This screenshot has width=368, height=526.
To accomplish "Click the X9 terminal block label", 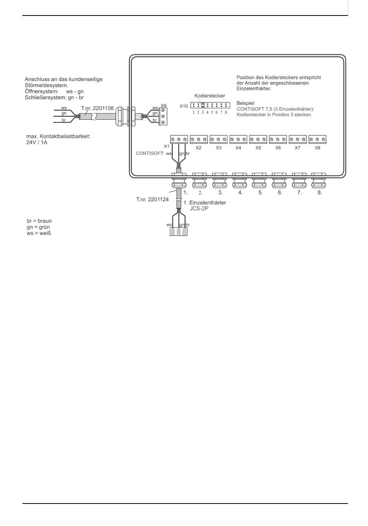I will [x=163, y=106].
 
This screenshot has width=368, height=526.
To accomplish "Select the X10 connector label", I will [x=184, y=106].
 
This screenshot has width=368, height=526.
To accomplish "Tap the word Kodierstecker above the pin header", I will [x=210, y=96].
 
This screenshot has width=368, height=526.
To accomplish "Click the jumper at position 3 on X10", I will [x=203, y=105].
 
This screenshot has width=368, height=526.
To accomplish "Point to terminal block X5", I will [x=258, y=139].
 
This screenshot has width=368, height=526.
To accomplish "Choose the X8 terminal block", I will [x=317, y=139].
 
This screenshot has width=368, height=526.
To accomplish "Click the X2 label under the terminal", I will [x=198, y=148].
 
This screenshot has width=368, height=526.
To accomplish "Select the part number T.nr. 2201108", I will [x=97, y=109].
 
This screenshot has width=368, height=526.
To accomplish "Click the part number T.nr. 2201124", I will [x=152, y=200].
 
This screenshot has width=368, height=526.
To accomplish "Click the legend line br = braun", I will [x=39, y=221].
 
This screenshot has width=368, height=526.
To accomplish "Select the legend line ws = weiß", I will [x=39, y=233].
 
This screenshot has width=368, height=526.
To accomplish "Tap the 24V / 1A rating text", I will [x=37, y=142].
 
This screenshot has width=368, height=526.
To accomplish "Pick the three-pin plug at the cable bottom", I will [x=179, y=231].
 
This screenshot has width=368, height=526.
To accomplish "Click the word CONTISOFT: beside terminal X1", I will [x=150, y=153].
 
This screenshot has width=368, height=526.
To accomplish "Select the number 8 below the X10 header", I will [x=226, y=112].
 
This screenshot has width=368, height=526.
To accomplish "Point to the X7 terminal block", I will [x=297, y=139].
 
